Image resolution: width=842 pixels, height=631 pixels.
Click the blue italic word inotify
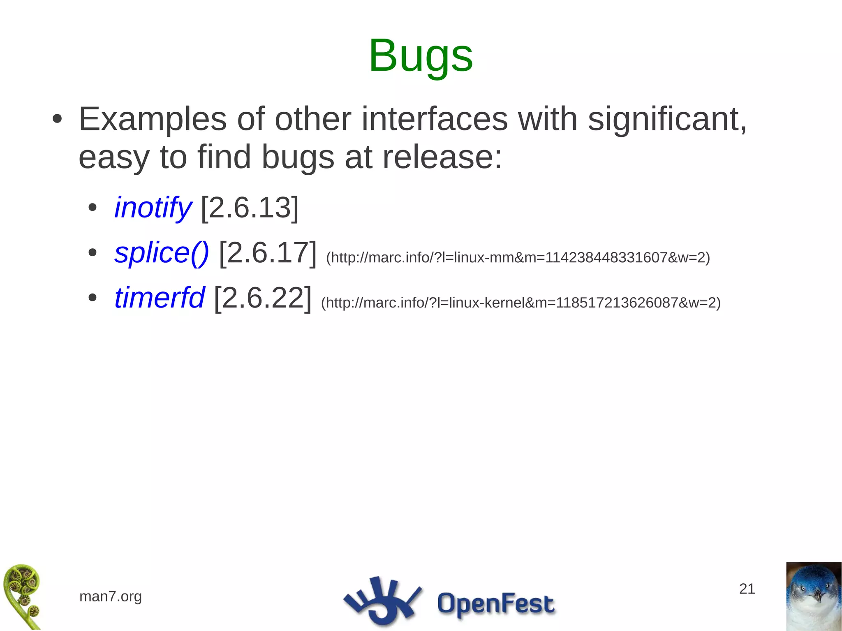coord(153,208)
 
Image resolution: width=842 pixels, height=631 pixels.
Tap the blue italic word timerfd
coord(159,298)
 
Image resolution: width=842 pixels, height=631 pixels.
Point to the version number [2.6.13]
coord(250,208)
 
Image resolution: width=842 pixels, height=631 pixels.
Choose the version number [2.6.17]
coord(268,253)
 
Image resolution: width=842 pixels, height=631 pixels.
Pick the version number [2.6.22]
coord(263,298)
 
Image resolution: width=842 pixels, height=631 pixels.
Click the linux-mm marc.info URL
coord(518,258)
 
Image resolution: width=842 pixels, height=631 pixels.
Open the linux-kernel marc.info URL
coord(520,303)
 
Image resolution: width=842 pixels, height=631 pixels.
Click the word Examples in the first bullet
coord(153,119)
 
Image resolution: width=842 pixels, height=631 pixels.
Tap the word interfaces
coord(434,119)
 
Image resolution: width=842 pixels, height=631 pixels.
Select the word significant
coord(667,119)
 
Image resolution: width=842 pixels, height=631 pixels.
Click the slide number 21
coord(747,589)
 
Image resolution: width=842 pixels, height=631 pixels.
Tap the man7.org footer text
coord(111,596)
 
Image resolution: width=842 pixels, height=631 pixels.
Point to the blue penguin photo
coord(814,596)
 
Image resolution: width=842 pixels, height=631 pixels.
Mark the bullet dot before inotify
coord(93,208)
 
